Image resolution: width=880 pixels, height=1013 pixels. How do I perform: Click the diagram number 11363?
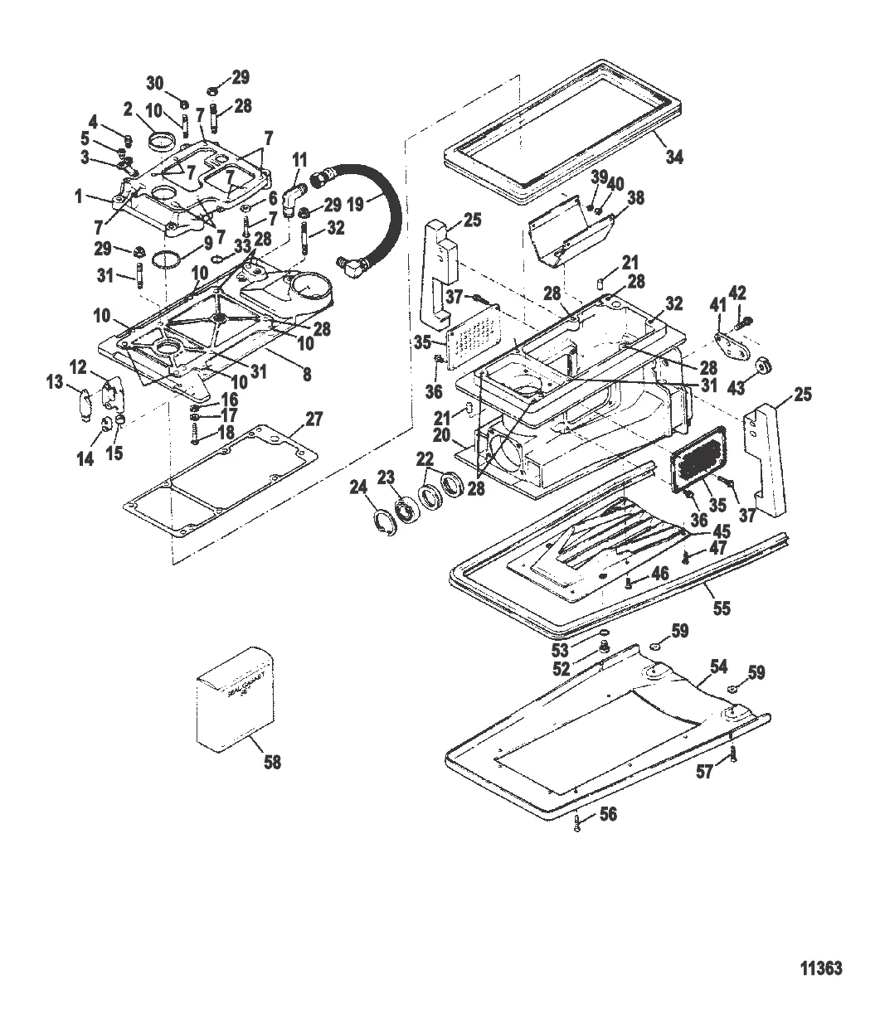pyautogui.click(x=821, y=968)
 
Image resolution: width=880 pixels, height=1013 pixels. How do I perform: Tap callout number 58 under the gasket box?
pyautogui.click(x=272, y=762)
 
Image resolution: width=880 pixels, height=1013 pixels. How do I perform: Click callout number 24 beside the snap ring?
pyautogui.click(x=358, y=489)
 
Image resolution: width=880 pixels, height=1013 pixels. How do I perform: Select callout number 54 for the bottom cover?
pyautogui.click(x=719, y=666)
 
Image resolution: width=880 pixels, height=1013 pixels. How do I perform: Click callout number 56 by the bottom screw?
pyautogui.click(x=608, y=815)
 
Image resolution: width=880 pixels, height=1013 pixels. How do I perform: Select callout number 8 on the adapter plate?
pyautogui.click(x=306, y=374)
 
